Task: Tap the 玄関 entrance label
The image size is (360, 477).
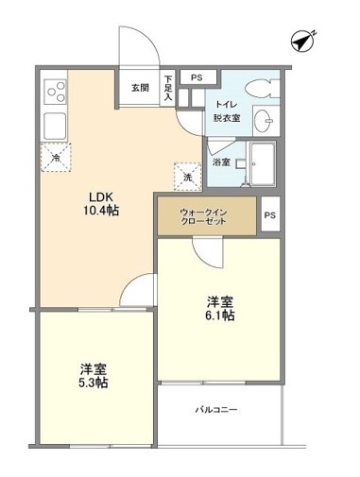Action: tap(140, 87)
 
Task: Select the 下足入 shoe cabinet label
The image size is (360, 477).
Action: tap(168, 87)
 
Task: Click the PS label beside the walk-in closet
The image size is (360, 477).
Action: tap(269, 215)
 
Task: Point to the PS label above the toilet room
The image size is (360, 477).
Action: tap(197, 77)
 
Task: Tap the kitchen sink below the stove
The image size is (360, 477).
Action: tap(54, 124)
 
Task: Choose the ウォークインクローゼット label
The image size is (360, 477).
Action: tap(205, 216)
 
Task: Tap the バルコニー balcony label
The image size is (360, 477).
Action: tap(216, 410)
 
